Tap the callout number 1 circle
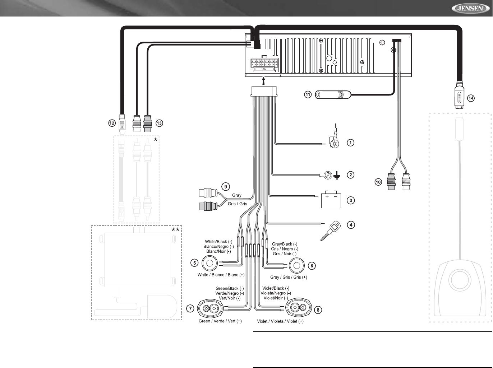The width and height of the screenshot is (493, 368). tap(350, 143)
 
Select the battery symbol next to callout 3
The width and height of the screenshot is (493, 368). tap(331, 200)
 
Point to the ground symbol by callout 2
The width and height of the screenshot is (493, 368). tap(337, 176)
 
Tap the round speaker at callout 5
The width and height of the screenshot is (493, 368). tap(210, 263)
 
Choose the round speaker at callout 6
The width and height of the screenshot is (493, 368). tap(297, 266)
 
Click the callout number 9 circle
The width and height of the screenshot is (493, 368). tap(225, 187)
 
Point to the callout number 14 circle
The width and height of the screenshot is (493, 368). tap(471, 98)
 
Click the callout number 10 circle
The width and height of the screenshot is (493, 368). tap(378, 182)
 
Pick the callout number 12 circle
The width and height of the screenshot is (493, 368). tap(112, 123)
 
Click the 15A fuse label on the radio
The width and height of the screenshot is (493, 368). tap(263, 69)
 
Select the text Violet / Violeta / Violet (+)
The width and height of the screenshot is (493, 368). tap(280, 321)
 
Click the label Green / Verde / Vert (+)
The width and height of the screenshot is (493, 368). tap(220, 321)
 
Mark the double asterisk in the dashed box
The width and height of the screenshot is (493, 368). tap(175, 230)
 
